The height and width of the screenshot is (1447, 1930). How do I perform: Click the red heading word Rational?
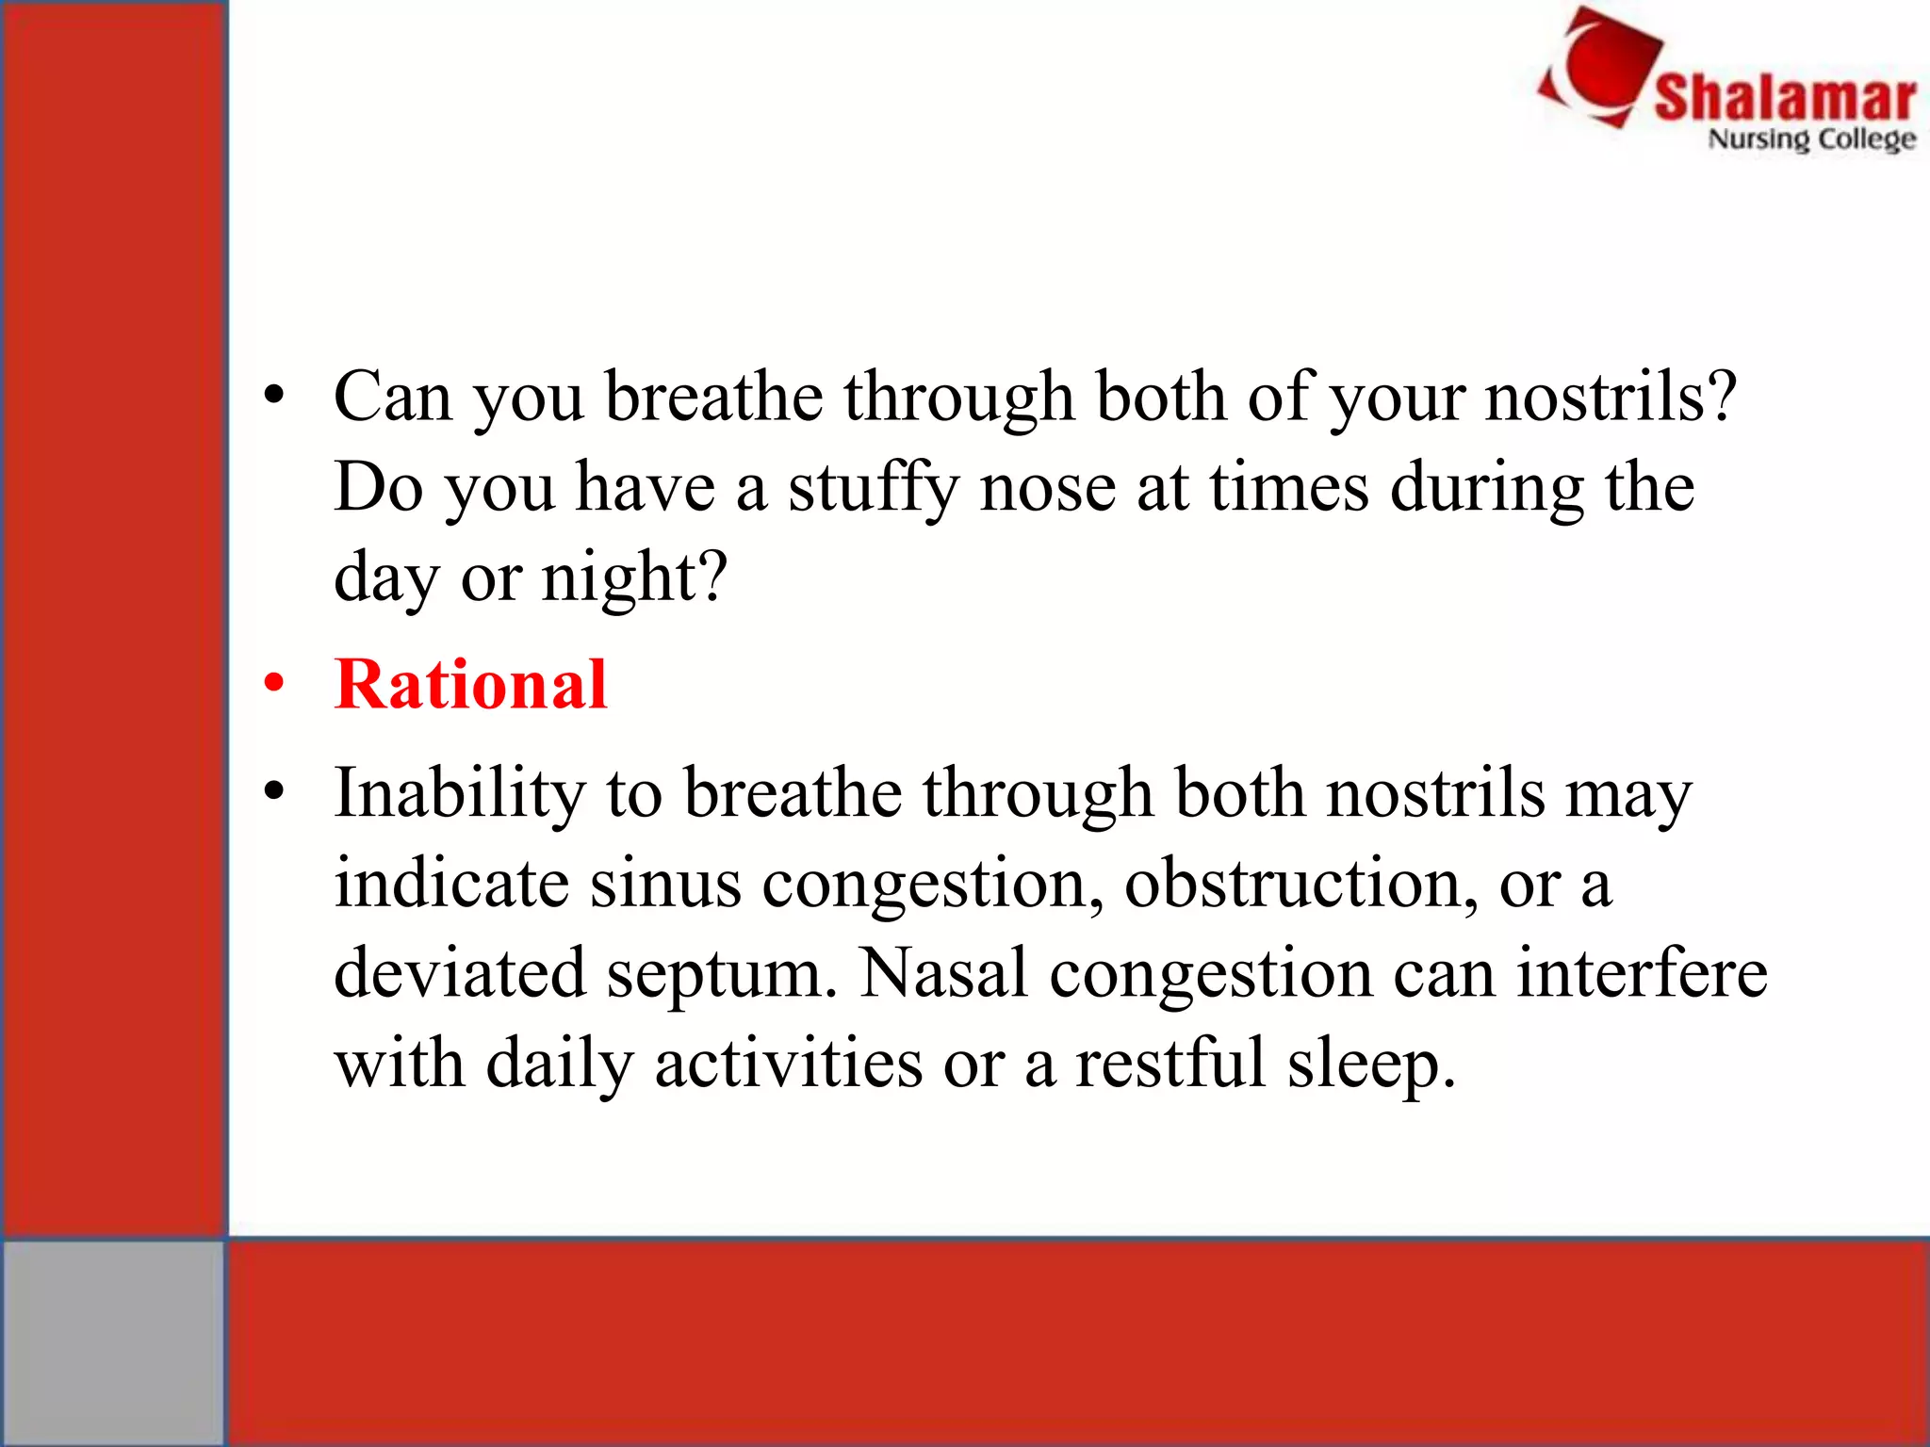(470, 684)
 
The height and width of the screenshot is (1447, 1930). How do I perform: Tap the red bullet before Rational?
(274, 683)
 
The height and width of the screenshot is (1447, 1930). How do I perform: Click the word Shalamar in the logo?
(1785, 98)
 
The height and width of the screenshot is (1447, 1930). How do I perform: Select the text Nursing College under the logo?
(1811, 139)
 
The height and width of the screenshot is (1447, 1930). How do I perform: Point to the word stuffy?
(873, 488)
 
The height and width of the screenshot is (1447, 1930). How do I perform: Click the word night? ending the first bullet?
(634, 577)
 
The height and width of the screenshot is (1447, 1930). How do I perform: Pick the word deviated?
(460, 972)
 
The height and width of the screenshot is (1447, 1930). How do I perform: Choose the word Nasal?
(943, 972)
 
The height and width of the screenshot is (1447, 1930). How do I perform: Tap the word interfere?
(1641, 972)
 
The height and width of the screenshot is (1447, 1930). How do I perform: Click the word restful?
(1170, 1063)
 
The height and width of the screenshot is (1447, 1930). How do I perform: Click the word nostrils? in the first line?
(1611, 396)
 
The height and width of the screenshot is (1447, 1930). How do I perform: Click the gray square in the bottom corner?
(112, 1341)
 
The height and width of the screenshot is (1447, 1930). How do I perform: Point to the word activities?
(788, 1063)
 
